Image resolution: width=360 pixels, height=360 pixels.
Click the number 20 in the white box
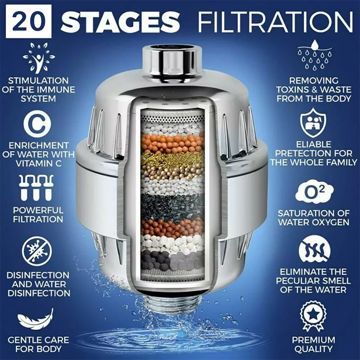(x=28, y=21)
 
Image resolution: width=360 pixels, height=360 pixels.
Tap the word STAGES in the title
(x=120, y=22)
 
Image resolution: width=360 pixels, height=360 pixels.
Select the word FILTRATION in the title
(x=275, y=22)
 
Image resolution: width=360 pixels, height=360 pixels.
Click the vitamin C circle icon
(x=37, y=124)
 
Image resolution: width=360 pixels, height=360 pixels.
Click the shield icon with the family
(x=313, y=123)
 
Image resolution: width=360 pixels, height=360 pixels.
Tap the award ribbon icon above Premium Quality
(x=313, y=316)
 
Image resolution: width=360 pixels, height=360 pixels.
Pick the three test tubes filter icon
(x=36, y=188)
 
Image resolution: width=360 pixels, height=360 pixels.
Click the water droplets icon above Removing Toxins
(x=315, y=55)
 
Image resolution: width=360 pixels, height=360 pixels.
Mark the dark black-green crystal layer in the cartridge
(x=172, y=206)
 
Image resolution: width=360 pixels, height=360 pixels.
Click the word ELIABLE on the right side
(x=314, y=144)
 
